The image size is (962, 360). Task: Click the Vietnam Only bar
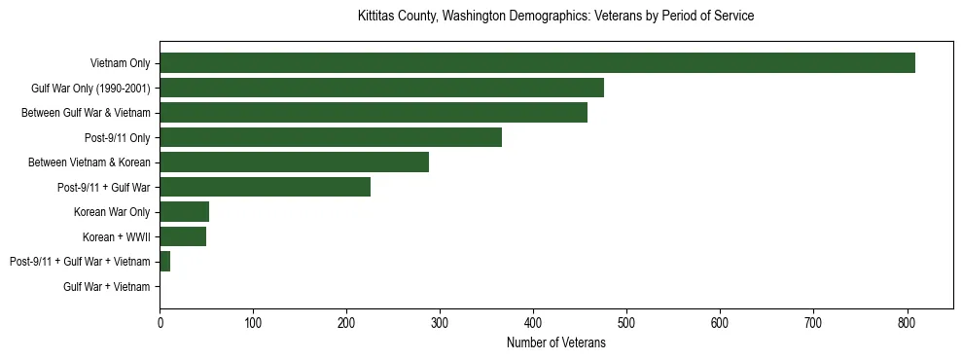(x=537, y=63)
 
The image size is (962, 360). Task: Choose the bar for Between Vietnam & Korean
(x=294, y=162)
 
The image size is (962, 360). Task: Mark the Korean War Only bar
(x=184, y=212)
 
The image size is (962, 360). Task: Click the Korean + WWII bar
(x=183, y=236)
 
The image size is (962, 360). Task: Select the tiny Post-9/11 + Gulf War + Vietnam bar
(x=165, y=262)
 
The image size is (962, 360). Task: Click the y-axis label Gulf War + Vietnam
(x=107, y=286)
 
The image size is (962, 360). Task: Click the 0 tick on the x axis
(x=160, y=322)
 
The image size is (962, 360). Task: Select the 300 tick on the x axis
(x=440, y=322)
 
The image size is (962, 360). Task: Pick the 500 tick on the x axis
(x=626, y=322)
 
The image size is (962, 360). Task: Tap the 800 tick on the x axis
(x=907, y=322)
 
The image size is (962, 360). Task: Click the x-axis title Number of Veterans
(x=556, y=342)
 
